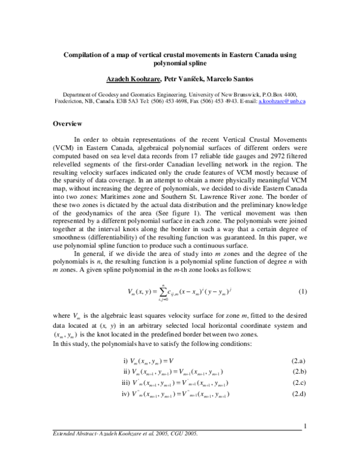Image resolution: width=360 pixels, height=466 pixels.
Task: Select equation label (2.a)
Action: [x=299, y=360]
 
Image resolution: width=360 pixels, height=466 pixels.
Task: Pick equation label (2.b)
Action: [x=299, y=372]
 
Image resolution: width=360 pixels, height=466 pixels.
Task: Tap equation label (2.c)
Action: [x=299, y=383]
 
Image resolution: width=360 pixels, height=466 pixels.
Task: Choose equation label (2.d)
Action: [x=299, y=394]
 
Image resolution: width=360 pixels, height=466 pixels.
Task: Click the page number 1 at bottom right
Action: [x=305, y=427]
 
